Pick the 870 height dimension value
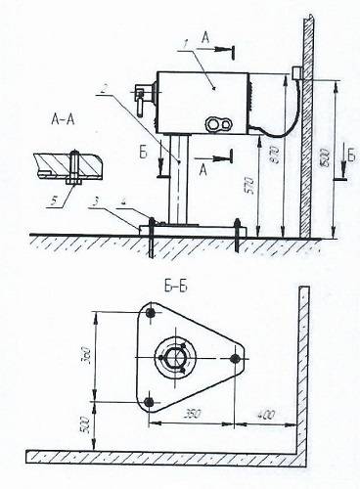pos(284,156)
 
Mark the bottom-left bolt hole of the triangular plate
pos(149,402)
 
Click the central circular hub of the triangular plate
pos(177,358)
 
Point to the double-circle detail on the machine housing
pos(217,124)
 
